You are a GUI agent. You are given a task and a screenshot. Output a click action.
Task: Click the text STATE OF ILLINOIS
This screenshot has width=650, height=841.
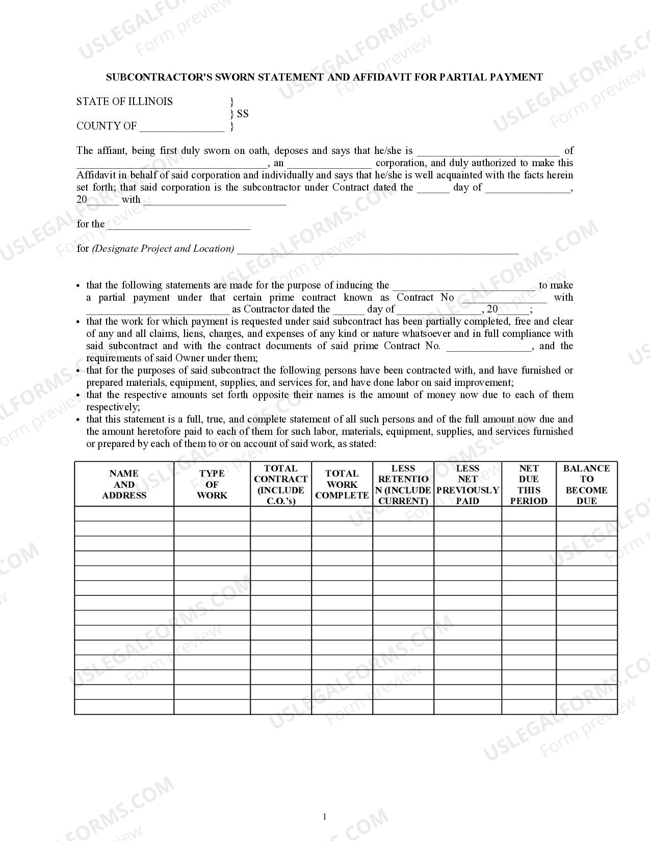pyautogui.click(x=124, y=101)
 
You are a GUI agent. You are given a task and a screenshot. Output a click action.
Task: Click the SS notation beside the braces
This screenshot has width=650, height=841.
pyautogui.click(x=243, y=114)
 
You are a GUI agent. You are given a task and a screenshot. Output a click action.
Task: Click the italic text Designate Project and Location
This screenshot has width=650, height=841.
pyautogui.click(x=163, y=249)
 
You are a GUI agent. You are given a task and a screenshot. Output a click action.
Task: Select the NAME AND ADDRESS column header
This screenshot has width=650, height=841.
pyautogui.click(x=124, y=484)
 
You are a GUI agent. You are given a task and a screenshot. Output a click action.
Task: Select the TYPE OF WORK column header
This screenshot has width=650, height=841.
pyautogui.click(x=212, y=484)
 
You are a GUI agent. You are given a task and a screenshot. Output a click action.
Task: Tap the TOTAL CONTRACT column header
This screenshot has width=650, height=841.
pyautogui.click(x=280, y=484)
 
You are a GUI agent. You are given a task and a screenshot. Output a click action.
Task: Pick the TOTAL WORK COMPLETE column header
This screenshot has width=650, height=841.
pyautogui.click(x=342, y=484)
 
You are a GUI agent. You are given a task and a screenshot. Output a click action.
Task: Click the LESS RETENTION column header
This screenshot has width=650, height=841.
pyautogui.click(x=403, y=484)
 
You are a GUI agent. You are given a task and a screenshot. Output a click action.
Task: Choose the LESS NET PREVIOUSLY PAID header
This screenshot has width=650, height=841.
pyautogui.click(x=467, y=484)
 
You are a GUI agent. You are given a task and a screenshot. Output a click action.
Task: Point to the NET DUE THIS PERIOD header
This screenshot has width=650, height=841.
pyautogui.click(x=529, y=484)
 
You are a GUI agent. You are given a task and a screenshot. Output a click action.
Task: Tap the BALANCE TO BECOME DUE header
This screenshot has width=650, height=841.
pyautogui.click(x=586, y=484)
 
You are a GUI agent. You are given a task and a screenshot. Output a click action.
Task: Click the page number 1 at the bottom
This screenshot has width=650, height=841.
pyautogui.click(x=325, y=817)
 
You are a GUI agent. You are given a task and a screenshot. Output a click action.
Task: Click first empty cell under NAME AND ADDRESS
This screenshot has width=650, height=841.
pyautogui.click(x=124, y=514)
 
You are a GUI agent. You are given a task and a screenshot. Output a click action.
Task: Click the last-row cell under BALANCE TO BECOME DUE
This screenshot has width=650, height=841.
pyautogui.click(x=586, y=706)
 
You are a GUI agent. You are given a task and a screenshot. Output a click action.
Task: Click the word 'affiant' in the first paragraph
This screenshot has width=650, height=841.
pyautogui.click(x=112, y=151)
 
